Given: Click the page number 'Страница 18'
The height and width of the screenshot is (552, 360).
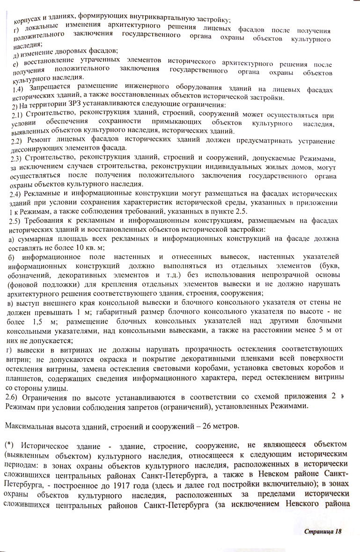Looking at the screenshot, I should pos(323,531).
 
